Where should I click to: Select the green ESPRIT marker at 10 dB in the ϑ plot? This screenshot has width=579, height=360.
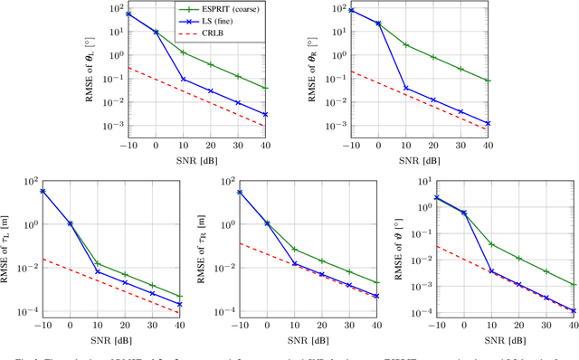pos(491,244)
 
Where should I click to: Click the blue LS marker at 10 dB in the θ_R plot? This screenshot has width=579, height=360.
pos(405,89)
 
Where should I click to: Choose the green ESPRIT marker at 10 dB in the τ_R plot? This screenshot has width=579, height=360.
pos(295,249)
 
